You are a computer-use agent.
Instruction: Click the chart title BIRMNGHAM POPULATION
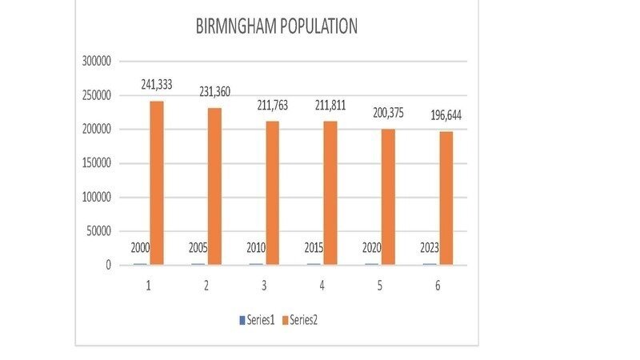[x=276, y=26]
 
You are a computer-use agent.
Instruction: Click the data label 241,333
[x=157, y=84]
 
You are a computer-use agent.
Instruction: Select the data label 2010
[x=256, y=248]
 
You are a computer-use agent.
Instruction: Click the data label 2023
[x=429, y=248]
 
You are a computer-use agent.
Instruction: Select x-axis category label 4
[x=322, y=286]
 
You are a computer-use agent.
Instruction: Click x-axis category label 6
[x=438, y=286]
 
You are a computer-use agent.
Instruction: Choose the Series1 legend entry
[x=258, y=320]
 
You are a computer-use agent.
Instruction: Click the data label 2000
[x=141, y=248]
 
